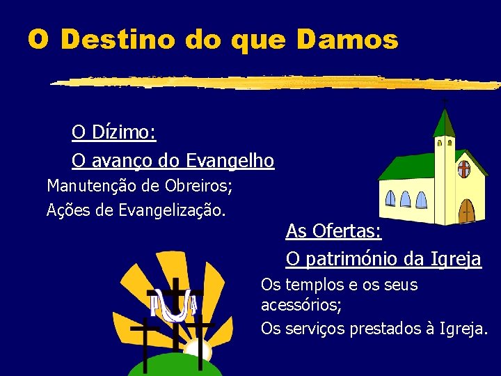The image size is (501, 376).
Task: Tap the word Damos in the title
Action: (347, 40)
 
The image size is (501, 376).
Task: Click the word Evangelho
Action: (230, 161)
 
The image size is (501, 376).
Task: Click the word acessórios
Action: (300, 305)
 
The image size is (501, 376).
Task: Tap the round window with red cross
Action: (463, 169)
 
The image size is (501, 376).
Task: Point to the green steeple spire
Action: (443, 124)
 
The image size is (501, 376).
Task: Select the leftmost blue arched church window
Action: (390, 198)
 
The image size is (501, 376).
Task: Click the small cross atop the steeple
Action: (444, 102)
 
